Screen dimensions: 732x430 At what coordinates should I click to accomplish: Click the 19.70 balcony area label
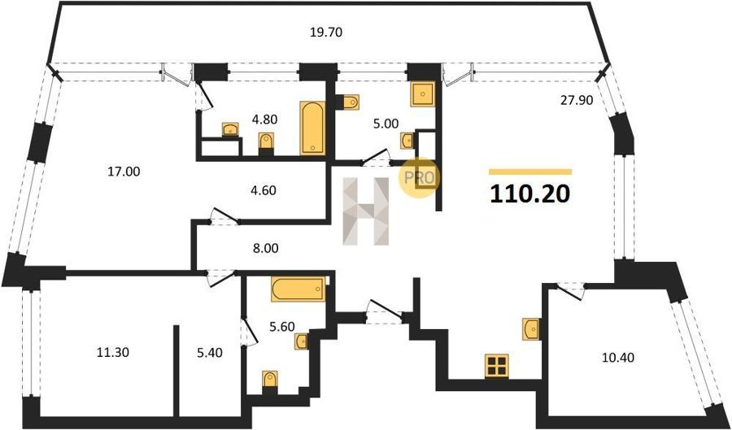pyautogui.click(x=326, y=33)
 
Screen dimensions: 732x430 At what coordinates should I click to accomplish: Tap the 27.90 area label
pyautogui.click(x=576, y=100)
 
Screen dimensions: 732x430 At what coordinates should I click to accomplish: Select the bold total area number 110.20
pyautogui.click(x=529, y=193)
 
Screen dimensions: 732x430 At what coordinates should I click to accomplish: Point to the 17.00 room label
pyautogui.click(x=124, y=172)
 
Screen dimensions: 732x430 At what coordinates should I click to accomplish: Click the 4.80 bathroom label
pyautogui.click(x=264, y=119)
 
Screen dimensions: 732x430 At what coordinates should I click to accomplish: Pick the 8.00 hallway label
pyautogui.click(x=265, y=249)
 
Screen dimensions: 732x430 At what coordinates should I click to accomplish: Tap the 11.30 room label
pyautogui.click(x=112, y=353)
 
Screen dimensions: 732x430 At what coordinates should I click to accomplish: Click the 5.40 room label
pyautogui.click(x=209, y=353)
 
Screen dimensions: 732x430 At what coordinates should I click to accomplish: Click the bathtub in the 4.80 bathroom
pyautogui.click(x=312, y=128)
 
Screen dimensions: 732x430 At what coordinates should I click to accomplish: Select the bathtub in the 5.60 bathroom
pyautogui.click(x=298, y=289)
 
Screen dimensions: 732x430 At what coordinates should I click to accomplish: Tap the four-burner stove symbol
pyautogui.click(x=496, y=365)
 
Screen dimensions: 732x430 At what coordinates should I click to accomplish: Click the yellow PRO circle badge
pyautogui.click(x=419, y=178)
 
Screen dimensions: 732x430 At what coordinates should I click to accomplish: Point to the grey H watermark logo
pyautogui.click(x=366, y=211)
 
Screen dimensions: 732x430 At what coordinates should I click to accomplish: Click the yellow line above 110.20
pyautogui.click(x=530, y=172)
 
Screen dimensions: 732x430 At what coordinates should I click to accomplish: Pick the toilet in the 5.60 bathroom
pyautogui.click(x=269, y=379)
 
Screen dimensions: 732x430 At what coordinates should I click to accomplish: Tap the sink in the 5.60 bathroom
pyautogui.click(x=301, y=341)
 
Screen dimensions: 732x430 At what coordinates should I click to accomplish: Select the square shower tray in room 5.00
pyautogui.click(x=422, y=93)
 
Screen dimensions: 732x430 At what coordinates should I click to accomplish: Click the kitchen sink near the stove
pyautogui.click(x=531, y=328)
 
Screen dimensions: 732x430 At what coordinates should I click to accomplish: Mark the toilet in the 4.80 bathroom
pyautogui.click(x=266, y=141)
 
